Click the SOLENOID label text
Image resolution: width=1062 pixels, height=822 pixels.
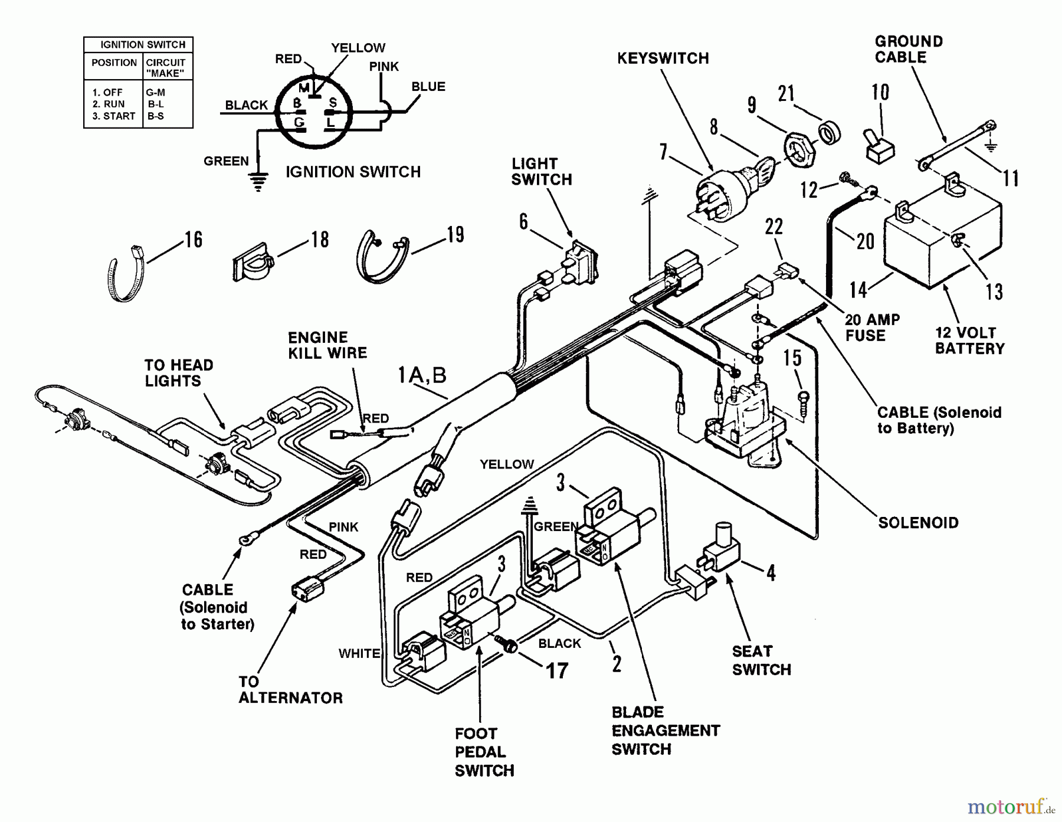pos(918,523)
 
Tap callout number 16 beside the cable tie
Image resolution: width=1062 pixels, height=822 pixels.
pos(194,240)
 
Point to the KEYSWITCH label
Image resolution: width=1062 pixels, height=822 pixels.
pos(663,58)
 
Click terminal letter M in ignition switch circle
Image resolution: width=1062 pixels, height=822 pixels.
pos(304,89)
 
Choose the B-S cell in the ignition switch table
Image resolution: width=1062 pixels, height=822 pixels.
pos(156,116)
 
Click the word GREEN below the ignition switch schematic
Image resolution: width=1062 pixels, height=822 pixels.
pos(226,161)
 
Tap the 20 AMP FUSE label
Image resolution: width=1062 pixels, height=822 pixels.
pos(872,328)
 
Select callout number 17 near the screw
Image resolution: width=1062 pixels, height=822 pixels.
pos(557,670)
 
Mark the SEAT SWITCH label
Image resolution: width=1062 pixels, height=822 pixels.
pos(761,660)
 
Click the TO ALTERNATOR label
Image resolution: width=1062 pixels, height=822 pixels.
pos(290,690)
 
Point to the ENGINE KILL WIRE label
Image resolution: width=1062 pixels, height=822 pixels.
pos(327,345)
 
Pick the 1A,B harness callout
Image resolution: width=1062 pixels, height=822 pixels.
pos(422,375)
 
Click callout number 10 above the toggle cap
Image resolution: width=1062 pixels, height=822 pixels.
pos(880,92)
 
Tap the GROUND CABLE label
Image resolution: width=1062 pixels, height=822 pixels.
pos(909,50)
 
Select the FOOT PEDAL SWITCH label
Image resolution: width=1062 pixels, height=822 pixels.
pos(484,752)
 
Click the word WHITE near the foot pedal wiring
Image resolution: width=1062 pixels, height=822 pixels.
pos(359,653)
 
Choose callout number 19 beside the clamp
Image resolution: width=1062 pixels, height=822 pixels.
pos(455,235)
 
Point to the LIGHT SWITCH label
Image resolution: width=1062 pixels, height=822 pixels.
pos(541,172)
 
